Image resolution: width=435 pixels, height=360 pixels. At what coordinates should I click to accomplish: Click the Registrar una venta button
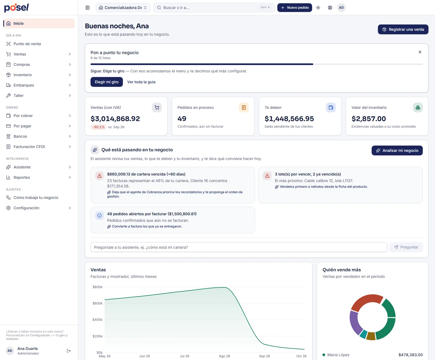pos(403,29)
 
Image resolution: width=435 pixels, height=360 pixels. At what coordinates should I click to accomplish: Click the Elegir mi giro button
pos(107,82)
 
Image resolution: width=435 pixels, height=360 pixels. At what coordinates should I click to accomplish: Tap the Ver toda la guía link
pos(141,82)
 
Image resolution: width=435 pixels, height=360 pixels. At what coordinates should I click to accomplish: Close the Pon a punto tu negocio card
pos(420,52)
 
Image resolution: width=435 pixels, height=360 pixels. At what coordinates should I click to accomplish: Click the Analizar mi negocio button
pos(397,150)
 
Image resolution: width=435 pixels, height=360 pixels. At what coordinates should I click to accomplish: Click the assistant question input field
pos(239,247)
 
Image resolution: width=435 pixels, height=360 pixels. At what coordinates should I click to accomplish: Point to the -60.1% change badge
pos(98,127)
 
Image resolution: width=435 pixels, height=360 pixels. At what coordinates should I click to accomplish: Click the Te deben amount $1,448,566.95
pos(289,119)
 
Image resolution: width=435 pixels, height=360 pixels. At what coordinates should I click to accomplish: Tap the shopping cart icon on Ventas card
pos(157,107)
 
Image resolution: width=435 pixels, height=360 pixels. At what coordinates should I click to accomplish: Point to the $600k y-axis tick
pos(97,303)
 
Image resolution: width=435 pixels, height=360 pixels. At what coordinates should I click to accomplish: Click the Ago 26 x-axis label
pos(224,356)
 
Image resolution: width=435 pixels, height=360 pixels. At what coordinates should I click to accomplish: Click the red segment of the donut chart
pos(366,300)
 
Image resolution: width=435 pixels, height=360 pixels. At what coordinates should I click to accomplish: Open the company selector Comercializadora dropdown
pos(123,8)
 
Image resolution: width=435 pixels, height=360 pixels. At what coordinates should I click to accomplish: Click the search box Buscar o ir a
pos(214,8)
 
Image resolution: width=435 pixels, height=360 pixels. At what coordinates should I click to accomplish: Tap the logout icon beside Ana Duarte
pos(69,351)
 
